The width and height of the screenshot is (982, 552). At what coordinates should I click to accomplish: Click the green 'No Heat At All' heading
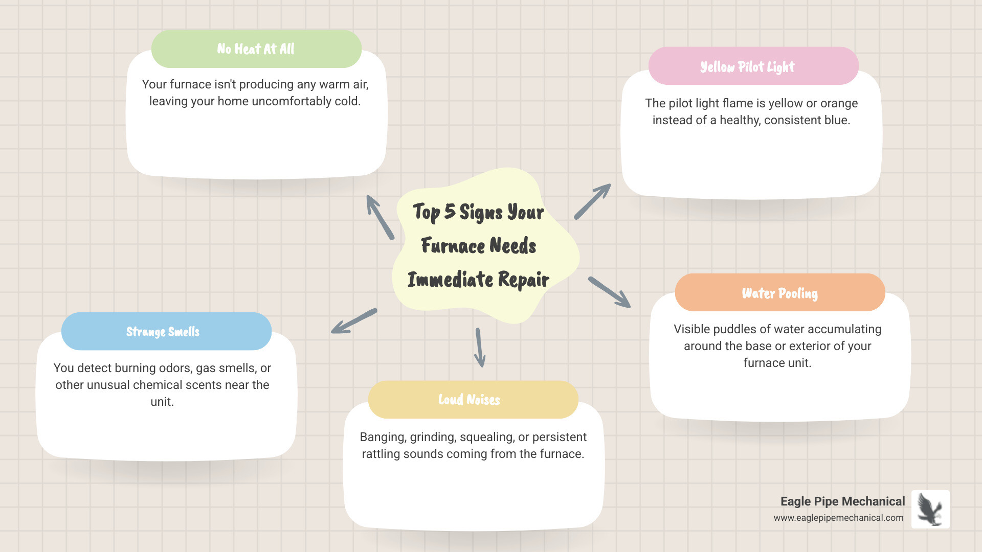pyautogui.click(x=256, y=49)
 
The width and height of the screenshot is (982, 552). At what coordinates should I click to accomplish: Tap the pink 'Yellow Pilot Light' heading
pyautogui.click(x=747, y=67)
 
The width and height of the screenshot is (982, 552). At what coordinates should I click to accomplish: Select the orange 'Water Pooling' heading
pyautogui.click(x=779, y=293)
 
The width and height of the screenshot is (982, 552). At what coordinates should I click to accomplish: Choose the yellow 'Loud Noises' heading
pyautogui.click(x=469, y=400)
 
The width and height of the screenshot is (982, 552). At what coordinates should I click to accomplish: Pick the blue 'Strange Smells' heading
pyautogui.click(x=163, y=332)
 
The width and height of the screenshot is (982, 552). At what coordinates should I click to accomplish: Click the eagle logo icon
pyautogui.click(x=930, y=509)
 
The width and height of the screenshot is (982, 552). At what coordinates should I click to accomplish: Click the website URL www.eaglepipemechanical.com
pyautogui.click(x=838, y=518)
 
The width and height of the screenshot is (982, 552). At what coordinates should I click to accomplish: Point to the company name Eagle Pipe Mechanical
pyautogui.click(x=842, y=501)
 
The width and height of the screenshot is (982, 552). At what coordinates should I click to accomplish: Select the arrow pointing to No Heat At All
pyautogui.click(x=380, y=217)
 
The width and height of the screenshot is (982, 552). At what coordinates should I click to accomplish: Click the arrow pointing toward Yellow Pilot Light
pyautogui.click(x=592, y=202)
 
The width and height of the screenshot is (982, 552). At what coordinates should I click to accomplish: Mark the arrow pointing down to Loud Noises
pyautogui.click(x=479, y=348)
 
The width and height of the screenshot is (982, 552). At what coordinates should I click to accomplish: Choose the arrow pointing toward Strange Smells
pyautogui.click(x=354, y=321)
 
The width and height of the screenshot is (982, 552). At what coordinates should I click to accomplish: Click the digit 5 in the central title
pyautogui.click(x=450, y=212)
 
